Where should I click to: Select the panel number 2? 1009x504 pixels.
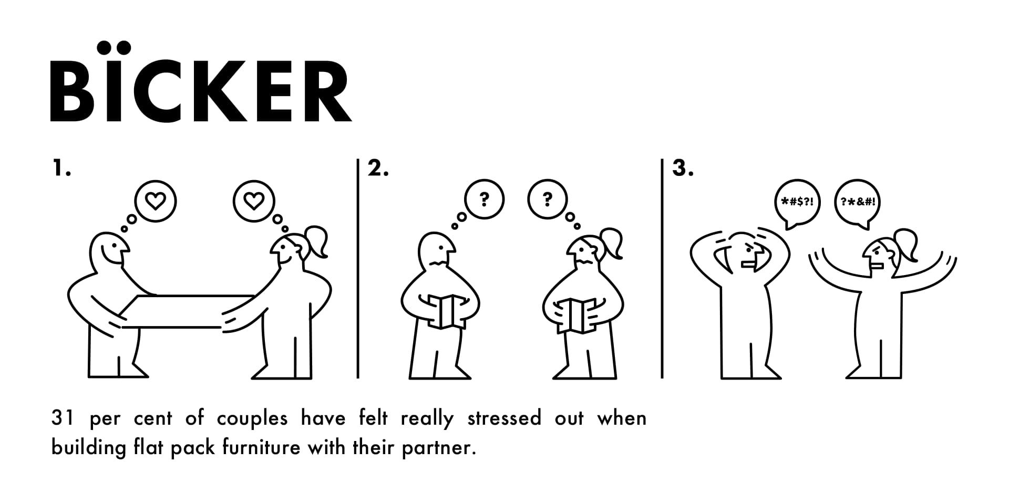tap(378, 169)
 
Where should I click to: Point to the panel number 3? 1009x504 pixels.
tap(683, 169)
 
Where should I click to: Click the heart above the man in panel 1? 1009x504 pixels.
tap(156, 202)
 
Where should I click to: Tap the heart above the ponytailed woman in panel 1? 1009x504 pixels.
tap(254, 202)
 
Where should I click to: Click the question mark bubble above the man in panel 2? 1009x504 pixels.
tap(484, 199)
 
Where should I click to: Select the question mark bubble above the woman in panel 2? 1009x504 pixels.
tap(548, 199)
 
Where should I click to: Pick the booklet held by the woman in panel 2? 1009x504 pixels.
tap(576, 315)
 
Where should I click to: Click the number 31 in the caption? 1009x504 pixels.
tap(63, 419)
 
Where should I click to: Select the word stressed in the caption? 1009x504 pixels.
tap(504, 418)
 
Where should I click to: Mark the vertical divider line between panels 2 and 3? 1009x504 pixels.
tap(662, 268)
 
